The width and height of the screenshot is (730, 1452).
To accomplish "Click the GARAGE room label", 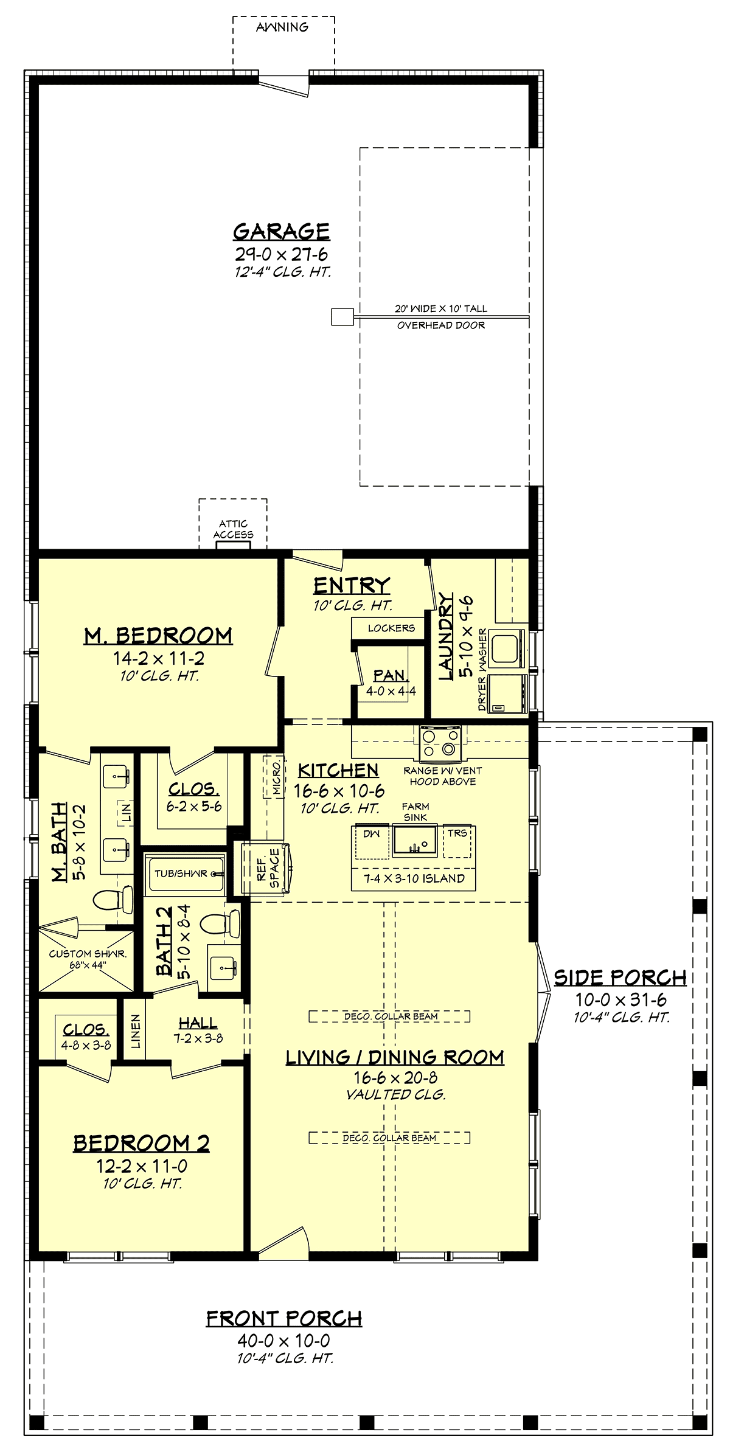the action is tap(281, 231).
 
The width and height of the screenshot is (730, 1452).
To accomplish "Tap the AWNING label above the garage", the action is tap(282, 27).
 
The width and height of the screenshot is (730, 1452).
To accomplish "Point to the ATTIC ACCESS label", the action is tap(233, 529).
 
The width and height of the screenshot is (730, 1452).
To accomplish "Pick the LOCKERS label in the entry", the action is tap(391, 628).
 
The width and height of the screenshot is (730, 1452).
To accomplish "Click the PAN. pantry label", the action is tap(391, 676).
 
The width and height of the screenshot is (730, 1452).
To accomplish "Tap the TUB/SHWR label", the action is tap(181, 874).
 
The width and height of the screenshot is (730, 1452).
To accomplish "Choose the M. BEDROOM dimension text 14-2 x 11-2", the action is tap(158, 658).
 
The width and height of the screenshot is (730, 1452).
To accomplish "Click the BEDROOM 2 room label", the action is tap(141, 1144).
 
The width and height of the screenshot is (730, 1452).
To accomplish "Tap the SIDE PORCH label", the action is tap(620, 978).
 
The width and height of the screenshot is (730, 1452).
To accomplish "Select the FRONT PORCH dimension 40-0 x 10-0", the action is tap(283, 1341).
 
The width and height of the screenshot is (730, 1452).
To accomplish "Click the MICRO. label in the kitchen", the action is tap(277, 777).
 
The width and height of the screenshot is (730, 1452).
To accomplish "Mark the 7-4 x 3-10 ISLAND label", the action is tap(414, 878).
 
